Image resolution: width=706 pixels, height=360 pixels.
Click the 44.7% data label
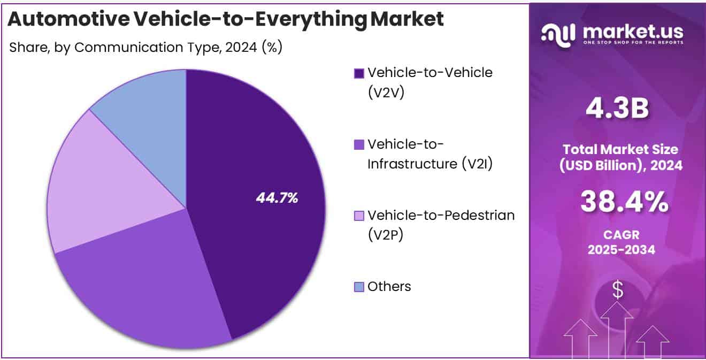click(277, 198)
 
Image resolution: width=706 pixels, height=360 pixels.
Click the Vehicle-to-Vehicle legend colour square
click(359, 73)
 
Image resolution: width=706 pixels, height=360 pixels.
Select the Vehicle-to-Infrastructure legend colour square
click(359, 144)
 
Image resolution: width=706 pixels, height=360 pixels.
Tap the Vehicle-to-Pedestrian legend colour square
click(359, 216)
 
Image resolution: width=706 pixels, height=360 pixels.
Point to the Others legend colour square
click(359, 287)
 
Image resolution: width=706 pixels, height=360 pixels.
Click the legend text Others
click(389, 287)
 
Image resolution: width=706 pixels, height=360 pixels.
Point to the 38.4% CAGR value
click(624, 203)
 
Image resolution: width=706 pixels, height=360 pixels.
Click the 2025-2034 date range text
click(621, 249)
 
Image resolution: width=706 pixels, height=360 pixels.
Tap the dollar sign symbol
click(618, 290)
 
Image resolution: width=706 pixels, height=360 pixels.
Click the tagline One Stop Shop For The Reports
click(633, 43)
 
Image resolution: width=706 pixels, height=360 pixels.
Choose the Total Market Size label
click(621, 149)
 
